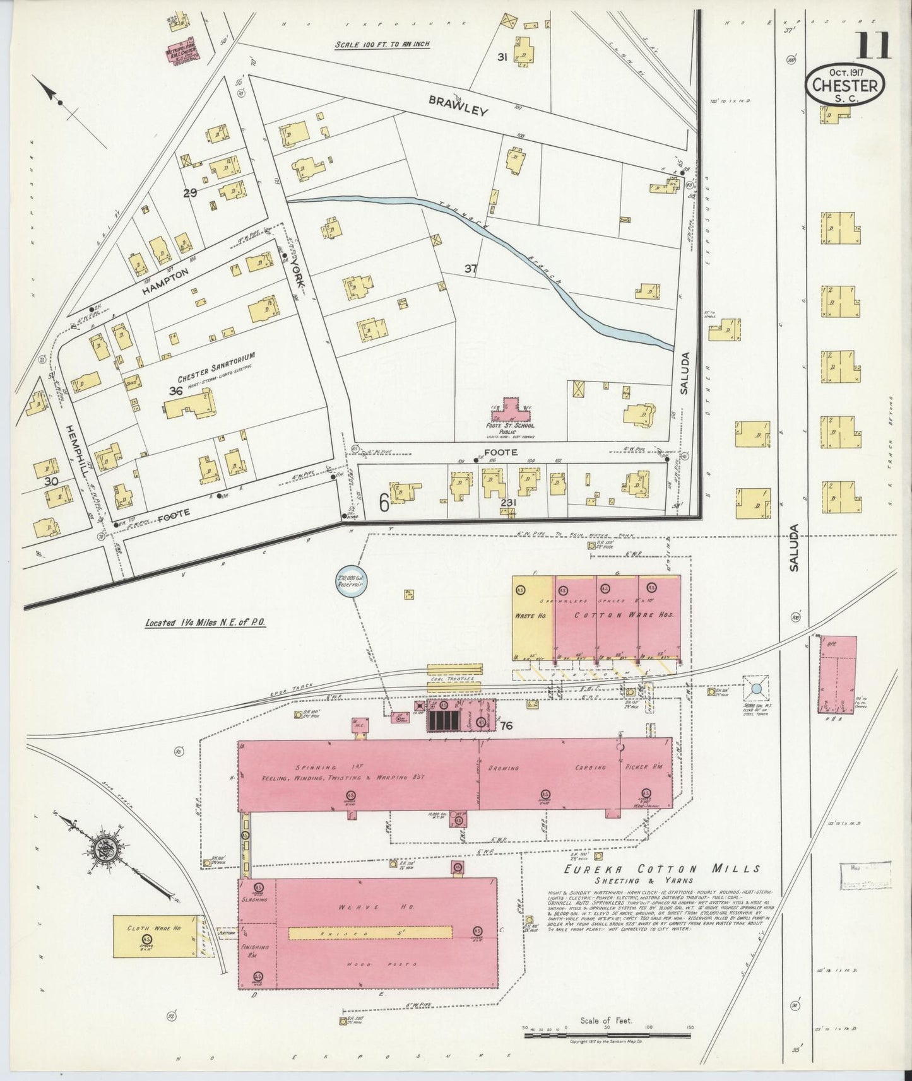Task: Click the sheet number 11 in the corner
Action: coord(874,45)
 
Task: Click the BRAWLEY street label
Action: coord(459,105)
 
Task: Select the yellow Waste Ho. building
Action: coord(532,617)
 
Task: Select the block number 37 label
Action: coord(470,269)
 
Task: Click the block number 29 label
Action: coord(190,193)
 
